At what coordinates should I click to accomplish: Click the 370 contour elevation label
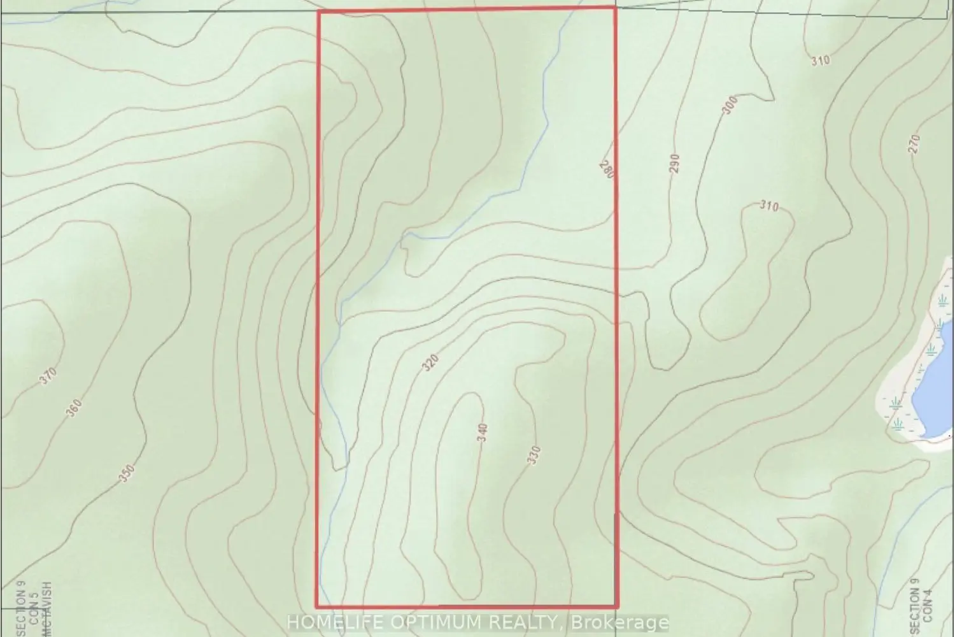(x=48, y=376)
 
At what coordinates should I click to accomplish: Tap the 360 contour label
(x=74, y=408)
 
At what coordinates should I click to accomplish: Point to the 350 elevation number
(x=127, y=473)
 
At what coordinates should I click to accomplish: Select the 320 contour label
(x=431, y=364)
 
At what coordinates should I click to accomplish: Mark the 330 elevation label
(x=534, y=456)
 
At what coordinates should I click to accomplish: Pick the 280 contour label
(x=605, y=168)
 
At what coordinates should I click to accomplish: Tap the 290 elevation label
(x=675, y=164)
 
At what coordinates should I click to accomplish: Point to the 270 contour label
(x=915, y=144)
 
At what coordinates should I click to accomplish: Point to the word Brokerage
(x=619, y=622)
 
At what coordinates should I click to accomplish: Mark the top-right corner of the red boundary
(x=614, y=8)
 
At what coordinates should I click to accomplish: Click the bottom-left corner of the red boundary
(x=317, y=606)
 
